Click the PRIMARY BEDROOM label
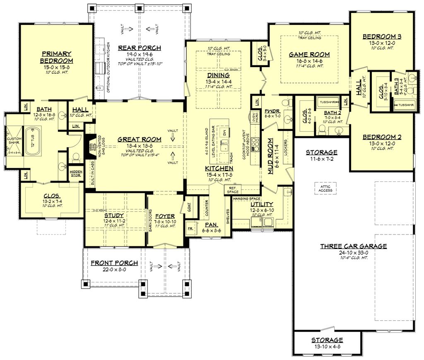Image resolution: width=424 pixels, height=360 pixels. (56, 57)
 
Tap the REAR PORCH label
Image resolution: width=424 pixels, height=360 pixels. (133, 48)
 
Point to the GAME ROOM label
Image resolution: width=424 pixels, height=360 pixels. (309, 54)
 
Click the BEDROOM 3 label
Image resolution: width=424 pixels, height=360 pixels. (382, 36)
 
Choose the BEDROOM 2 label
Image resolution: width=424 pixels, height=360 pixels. (382, 137)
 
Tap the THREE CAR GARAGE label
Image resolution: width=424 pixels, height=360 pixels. (353, 246)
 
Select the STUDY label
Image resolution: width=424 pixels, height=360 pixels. (113, 215)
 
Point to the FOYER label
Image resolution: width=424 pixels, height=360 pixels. (165, 216)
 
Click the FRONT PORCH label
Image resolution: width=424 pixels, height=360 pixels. (114, 263)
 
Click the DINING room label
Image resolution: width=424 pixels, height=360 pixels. (218, 75)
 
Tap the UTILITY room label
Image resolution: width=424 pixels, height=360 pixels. (262, 204)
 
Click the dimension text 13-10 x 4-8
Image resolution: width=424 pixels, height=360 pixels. (327, 346)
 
